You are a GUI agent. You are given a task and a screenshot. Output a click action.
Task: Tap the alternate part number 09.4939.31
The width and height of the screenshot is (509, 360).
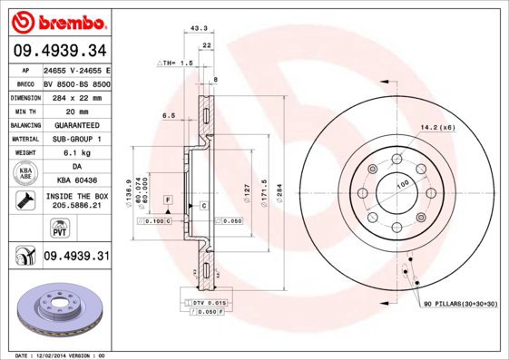75,257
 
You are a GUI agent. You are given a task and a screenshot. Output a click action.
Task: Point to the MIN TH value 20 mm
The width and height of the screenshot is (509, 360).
76,111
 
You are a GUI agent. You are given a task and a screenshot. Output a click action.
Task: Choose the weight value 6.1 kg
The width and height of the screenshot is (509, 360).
76,153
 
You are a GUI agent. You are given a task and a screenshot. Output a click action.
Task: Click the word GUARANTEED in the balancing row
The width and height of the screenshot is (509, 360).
76,125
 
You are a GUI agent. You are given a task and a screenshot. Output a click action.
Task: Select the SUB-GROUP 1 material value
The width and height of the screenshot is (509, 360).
76,139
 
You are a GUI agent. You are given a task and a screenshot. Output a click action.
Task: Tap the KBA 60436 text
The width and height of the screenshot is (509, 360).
76,181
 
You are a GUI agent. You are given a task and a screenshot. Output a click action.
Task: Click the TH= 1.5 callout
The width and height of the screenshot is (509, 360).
175,63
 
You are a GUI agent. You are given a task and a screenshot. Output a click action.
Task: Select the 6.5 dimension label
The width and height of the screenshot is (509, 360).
168,115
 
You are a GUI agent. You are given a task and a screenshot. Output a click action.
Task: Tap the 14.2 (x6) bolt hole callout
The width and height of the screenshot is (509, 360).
436,127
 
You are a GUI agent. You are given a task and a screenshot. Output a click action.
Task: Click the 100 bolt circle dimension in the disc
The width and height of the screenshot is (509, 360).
402,184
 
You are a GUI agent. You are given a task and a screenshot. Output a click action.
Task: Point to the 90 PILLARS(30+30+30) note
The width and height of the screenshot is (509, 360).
459,305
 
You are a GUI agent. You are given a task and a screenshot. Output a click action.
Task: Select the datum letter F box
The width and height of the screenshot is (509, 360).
168,199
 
